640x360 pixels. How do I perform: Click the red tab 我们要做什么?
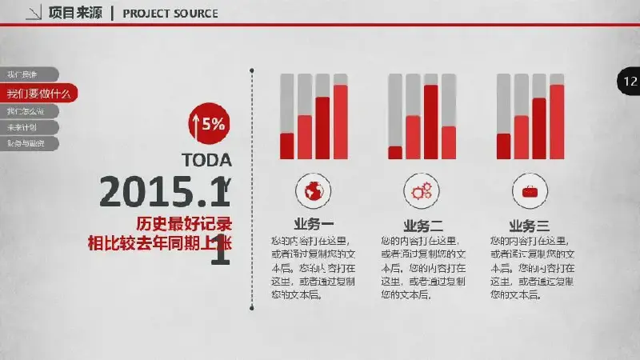tap(38, 93)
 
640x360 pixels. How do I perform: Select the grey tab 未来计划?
tap(24, 127)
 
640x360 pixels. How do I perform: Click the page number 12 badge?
tap(629, 81)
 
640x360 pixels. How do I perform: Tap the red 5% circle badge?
tap(207, 124)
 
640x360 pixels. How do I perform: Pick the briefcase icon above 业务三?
tap(530, 190)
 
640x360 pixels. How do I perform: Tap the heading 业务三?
tap(529, 226)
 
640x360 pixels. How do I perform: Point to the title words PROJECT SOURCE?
tap(170, 14)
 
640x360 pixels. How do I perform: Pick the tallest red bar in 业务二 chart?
tap(430, 121)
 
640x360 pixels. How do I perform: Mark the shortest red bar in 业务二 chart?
tap(395, 152)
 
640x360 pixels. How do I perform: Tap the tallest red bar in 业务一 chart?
tap(341, 121)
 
